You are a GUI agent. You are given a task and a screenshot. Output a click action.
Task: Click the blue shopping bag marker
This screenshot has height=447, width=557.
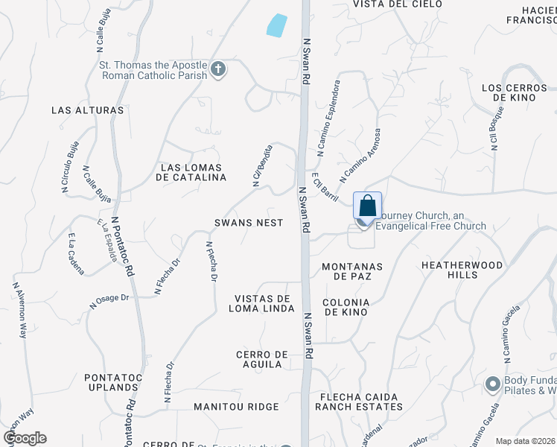[367, 205]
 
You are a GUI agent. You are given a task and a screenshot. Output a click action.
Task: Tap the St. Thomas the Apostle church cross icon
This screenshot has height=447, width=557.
[218, 70]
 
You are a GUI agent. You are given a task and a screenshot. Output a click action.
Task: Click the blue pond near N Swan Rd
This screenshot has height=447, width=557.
[276, 26]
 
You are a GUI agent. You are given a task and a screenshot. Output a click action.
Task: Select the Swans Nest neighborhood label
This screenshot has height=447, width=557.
[249, 223]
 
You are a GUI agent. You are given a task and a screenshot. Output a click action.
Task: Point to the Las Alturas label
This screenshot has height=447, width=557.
[87, 110]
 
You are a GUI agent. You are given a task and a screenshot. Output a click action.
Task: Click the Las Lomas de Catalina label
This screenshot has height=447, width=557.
[191, 172]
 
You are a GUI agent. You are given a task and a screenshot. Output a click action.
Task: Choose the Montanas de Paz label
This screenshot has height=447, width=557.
[352, 271]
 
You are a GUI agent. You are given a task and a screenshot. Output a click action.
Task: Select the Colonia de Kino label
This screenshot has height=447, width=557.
[345, 308]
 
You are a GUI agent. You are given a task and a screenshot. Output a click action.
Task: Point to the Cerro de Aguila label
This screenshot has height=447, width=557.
[258, 359]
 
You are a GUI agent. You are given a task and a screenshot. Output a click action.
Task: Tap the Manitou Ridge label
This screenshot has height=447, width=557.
[236, 407]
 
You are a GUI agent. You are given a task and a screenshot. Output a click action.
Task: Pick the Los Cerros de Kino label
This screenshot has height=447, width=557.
[515, 93]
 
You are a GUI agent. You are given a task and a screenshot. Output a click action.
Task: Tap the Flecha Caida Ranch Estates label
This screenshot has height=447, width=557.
[358, 402]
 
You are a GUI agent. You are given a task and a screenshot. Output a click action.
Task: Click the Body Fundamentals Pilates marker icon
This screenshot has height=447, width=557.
[492, 384]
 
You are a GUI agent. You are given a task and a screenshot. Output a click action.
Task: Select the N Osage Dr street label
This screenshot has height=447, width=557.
[109, 300]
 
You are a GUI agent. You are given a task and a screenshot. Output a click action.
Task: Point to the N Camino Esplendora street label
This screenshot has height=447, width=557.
[328, 117]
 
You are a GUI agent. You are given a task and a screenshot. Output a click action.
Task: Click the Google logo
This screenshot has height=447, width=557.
[25, 438]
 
